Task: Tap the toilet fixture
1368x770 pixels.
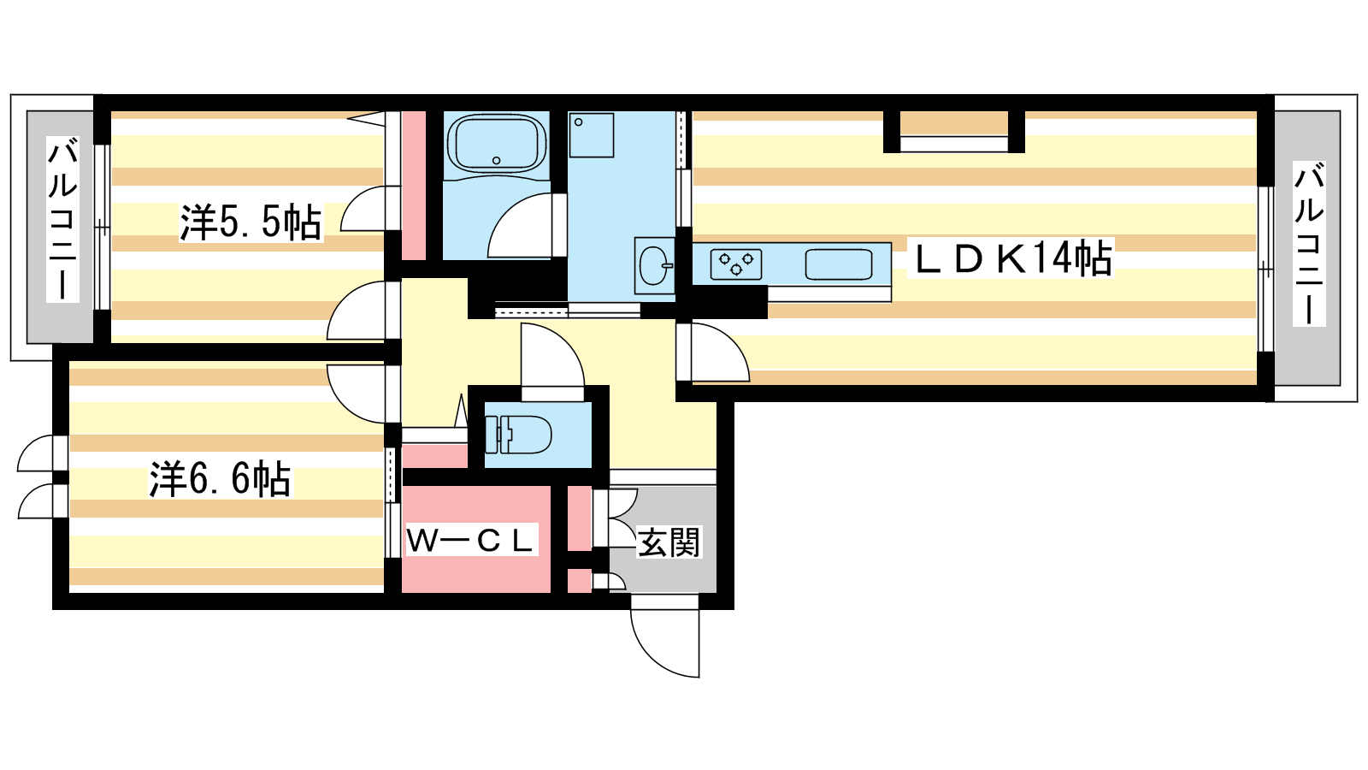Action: (x=518, y=435)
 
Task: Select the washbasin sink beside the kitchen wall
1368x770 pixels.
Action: (x=653, y=266)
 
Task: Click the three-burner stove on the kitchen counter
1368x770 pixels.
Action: (x=736, y=264)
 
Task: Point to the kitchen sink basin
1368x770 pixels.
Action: (x=838, y=264)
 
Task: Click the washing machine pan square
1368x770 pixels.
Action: (x=591, y=135)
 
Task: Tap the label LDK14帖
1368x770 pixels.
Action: (x=1011, y=258)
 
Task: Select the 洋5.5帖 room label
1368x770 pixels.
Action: (x=251, y=222)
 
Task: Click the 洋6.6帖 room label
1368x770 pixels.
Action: (x=221, y=479)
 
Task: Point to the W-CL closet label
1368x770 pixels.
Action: (x=471, y=540)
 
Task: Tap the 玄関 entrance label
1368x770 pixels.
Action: (x=669, y=542)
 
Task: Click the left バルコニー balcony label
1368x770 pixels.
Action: (x=62, y=220)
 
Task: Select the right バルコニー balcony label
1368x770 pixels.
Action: (x=1309, y=243)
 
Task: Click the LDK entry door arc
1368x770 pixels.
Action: (x=730, y=342)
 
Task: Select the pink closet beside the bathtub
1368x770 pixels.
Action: (x=414, y=186)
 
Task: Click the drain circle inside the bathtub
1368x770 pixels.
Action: (x=497, y=161)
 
